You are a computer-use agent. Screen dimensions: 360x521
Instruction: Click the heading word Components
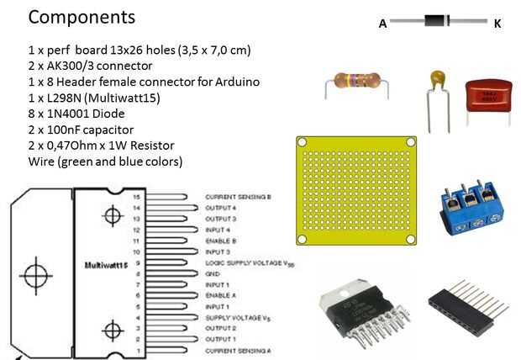82,17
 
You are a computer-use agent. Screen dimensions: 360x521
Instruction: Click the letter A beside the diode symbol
382,24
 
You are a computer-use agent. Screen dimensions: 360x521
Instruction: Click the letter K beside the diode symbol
497,24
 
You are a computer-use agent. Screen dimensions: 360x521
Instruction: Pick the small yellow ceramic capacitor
436,81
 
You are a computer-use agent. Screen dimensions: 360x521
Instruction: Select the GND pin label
213,274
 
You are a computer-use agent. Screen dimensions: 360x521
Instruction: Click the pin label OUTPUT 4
221,208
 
